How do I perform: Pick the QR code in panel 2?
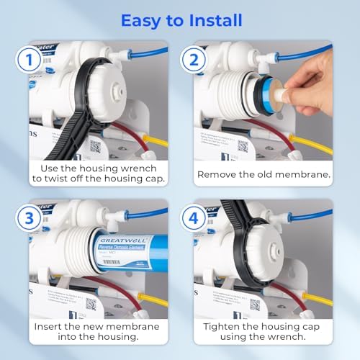241,146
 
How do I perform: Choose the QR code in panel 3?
91,303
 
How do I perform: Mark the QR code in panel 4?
255,304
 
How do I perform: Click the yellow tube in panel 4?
317,297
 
